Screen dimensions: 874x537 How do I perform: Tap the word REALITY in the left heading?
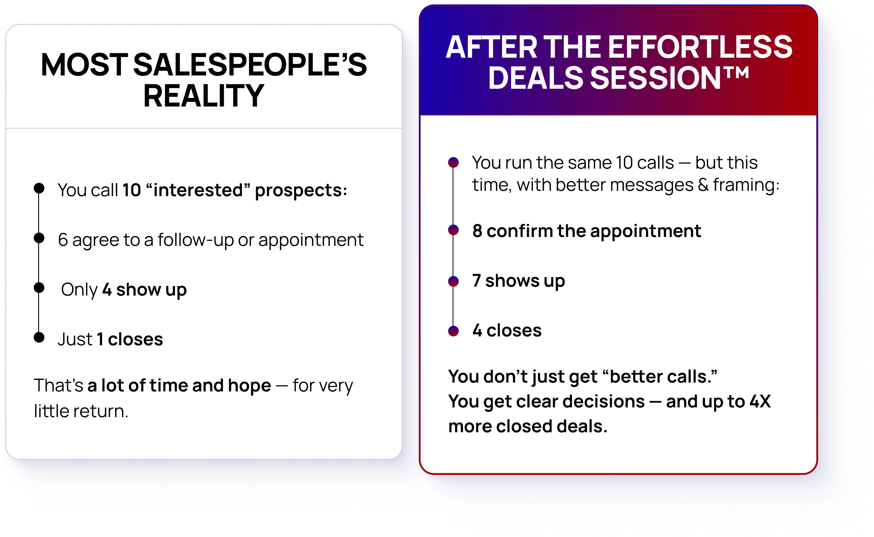(204, 96)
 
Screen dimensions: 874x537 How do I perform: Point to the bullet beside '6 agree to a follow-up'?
(39, 238)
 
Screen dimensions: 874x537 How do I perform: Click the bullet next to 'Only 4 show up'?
(39, 288)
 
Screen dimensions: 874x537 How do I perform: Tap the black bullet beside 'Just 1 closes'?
(39, 337)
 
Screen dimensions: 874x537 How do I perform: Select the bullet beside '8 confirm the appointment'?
(453, 230)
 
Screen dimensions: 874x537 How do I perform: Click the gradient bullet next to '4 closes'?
(453, 331)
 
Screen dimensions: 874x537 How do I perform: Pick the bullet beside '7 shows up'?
(453, 281)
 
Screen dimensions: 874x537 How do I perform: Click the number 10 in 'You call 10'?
(132, 190)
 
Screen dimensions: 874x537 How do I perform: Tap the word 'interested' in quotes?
(198, 190)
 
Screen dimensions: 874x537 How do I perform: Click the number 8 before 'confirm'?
(477, 231)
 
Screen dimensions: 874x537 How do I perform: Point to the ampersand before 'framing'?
(703, 185)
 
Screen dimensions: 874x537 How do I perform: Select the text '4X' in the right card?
(760, 401)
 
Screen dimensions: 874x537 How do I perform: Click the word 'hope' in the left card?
(250, 386)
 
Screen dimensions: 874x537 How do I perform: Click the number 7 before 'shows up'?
(477, 280)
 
